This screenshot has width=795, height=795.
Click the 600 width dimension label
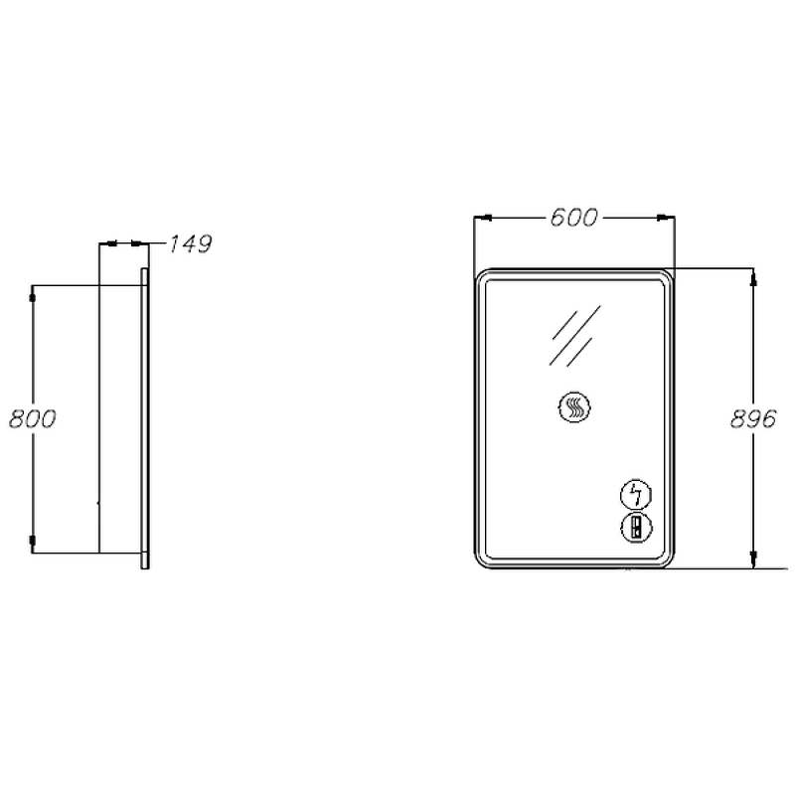[574, 218]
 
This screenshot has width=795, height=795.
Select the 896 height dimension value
[753, 418]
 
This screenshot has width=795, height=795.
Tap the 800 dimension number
[33, 418]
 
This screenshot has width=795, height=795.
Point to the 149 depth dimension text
[190, 243]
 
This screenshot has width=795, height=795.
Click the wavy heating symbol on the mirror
[574, 407]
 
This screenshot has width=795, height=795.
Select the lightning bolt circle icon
[636, 494]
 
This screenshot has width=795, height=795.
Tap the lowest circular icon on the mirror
[636, 528]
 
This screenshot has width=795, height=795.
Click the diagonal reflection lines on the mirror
[575, 336]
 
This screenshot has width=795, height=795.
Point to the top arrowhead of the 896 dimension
[753, 278]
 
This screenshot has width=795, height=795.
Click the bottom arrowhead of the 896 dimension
[753, 558]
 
